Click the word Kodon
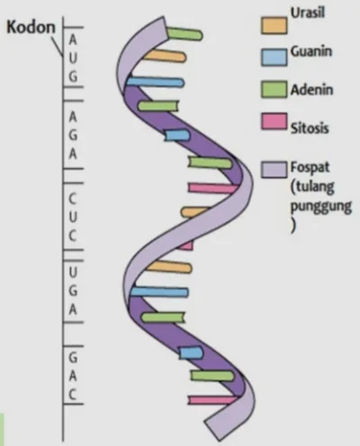(x=31, y=27)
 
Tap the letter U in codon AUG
(x=73, y=58)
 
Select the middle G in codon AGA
(x=73, y=136)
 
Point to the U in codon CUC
(x=73, y=217)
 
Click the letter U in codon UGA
(x=73, y=272)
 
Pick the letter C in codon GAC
(x=73, y=395)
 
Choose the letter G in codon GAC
(x=73, y=357)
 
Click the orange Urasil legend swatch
(x=274, y=25)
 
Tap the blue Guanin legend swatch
(x=274, y=58)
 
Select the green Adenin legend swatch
(x=274, y=89)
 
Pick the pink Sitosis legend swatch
(x=274, y=121)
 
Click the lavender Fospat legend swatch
(x=274, y=170)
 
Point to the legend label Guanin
(x=311, y=51)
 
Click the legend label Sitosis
(x=310, y=128)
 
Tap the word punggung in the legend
(x=321, y=207)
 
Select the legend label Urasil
(x=308, y=13)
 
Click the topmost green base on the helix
(x=184, y=34)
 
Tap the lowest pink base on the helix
(x=213, y=400)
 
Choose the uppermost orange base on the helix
(x=165, y=56)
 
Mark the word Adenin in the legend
(x=311, y=90)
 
